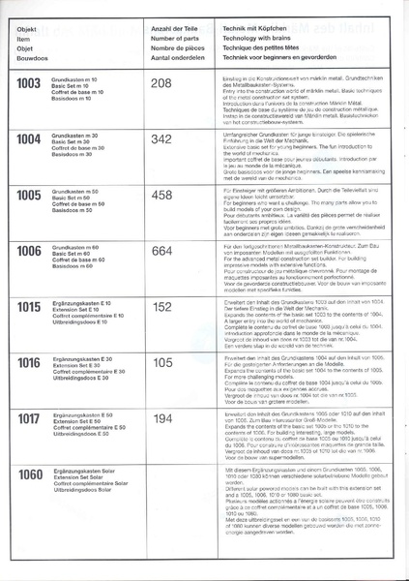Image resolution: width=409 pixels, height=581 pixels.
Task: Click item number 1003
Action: coord(30,84)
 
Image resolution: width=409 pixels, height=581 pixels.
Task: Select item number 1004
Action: coord(30,138)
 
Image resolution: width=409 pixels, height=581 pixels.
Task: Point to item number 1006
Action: coord(30,251)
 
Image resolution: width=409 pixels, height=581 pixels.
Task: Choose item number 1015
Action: coord(30,307)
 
